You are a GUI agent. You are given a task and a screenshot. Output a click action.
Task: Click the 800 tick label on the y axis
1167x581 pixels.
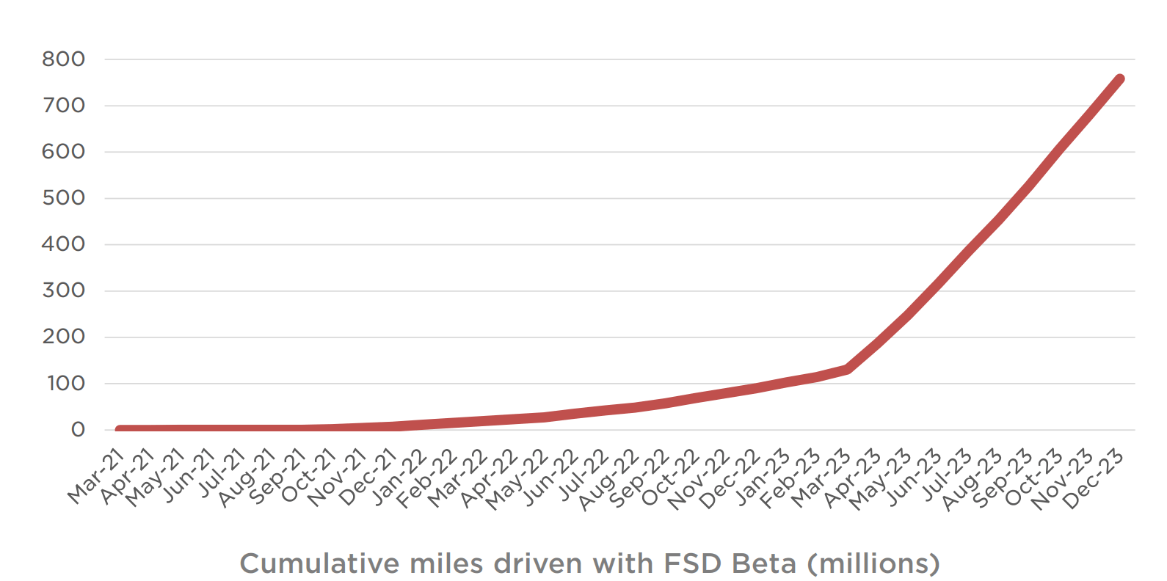pyautogui.click(x=63, y=59)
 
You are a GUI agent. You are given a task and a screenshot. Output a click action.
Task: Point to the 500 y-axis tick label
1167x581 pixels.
pyautogui.click(x=63, y=198)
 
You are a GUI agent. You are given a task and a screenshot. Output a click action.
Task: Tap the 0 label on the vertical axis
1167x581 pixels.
pyautogui.click(x=78, y=430)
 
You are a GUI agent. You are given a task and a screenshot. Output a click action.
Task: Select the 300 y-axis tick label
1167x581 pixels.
pyautogui.click(x=63, y=290)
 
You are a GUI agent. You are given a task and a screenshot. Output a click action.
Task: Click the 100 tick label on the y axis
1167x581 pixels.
pyautogui.click(x=65, y=384)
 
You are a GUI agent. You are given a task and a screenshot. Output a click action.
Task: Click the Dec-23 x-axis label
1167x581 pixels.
pyautogui.click(x=1093, y=478)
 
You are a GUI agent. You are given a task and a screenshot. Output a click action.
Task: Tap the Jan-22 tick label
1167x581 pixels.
pyautogui.click(x=399, y=478)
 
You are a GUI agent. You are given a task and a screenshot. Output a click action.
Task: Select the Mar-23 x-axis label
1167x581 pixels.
pyautogui.click(x=821, y=478)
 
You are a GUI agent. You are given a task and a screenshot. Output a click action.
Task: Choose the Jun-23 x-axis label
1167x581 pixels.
pyautogui.click(x=913, y=478)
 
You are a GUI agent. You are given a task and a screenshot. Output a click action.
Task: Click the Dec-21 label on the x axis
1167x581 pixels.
pyautogui.click(x=368, y=478)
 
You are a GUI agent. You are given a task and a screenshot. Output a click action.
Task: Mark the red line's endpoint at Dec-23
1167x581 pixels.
pyautogui.click(x=1120, y=79)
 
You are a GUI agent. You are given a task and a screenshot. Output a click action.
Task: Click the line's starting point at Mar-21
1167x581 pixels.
pyautogui.click(x=120, y=429)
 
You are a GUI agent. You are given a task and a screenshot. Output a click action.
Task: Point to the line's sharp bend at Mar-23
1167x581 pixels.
pyautogui.click(x=848, y=369)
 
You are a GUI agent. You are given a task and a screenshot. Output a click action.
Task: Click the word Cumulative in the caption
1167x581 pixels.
pyautogui.click(x=319, y=563)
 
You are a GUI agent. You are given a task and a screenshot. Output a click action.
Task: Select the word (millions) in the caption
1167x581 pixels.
pyautogui.click(x=873, y=563)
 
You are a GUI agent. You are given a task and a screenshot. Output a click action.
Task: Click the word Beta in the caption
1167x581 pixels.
pyautogui.click(x=764, y=563)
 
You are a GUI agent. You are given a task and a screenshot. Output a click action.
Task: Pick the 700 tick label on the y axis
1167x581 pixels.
pyautogui.click(x=63, y=106)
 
